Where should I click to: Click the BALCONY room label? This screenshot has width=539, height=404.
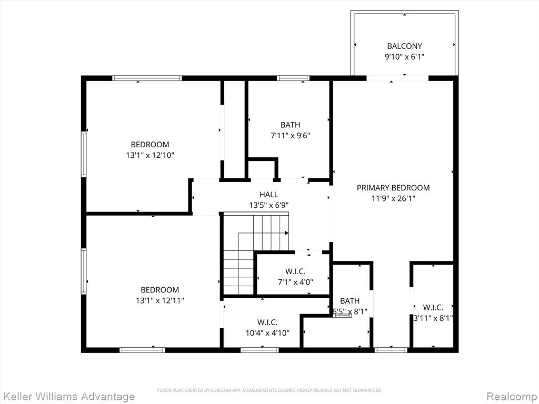404,46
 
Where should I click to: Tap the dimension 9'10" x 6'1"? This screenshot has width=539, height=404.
404,57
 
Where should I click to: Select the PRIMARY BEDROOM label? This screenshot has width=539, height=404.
393,188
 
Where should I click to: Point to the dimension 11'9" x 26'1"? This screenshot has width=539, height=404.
393,198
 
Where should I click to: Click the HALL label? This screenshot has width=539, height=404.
269,195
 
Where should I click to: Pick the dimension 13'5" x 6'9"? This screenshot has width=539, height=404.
269,206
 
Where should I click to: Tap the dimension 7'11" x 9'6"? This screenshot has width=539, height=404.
291,136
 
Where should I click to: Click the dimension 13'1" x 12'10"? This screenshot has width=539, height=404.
150,155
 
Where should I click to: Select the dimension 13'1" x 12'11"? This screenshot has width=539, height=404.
160,300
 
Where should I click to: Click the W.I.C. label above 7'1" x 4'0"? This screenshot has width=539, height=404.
295,272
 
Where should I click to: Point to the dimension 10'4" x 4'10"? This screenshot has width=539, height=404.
267,333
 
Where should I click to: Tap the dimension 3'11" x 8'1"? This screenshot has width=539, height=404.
433,318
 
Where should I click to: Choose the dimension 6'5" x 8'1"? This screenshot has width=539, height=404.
350,312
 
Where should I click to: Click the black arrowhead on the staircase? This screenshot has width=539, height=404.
287,233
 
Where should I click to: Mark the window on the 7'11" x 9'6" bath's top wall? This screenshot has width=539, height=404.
293,78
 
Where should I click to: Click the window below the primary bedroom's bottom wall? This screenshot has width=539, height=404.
391,350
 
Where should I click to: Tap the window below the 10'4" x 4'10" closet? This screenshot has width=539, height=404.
259,350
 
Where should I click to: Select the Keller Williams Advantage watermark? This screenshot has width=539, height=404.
68,397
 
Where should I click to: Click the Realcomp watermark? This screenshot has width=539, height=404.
512,397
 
